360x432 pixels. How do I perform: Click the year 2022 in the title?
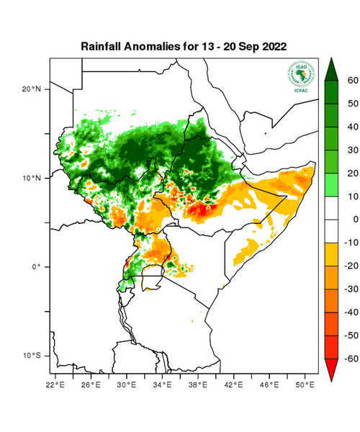pyautogui.click(x=271, y=46)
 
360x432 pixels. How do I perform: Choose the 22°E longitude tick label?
pyautogui.click(x=56, y=386)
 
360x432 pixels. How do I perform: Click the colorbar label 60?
pyautogui.click(x=352, y=81)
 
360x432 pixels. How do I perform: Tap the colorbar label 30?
pyautogui.click(x=352, y=150)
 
